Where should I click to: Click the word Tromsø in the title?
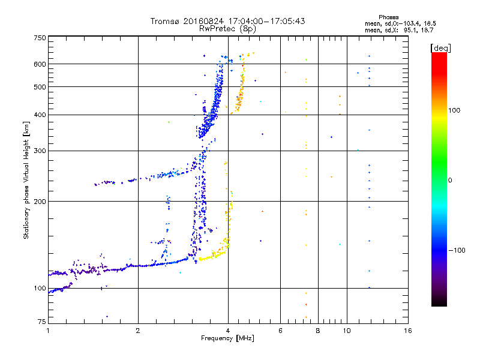click(164, 22)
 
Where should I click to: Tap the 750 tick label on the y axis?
click(40, 38)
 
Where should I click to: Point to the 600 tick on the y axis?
click(40, 64)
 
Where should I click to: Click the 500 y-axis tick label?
click(40, 87)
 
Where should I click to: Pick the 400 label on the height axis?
click(40, 115)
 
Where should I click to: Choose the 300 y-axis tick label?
click(40, 151)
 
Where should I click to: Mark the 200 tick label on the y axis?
click(40, 202)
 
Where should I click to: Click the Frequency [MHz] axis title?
click(227, 339)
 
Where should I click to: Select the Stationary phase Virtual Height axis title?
click(26, 180)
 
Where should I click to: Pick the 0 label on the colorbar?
click(450, 180)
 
